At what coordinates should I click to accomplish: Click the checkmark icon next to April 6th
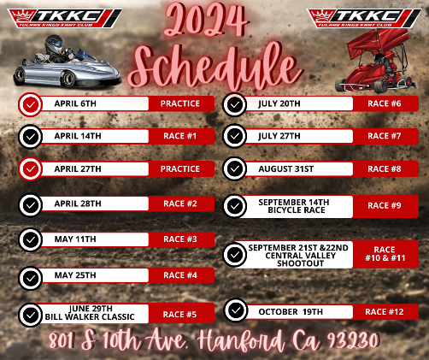[30, 104]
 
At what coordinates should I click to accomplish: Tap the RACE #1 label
[180, 136]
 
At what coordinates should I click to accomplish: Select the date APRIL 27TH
[78, 169]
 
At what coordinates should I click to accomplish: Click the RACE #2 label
[180, 204]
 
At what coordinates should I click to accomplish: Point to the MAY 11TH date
[75, 239]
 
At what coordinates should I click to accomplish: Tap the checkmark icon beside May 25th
[30, 278]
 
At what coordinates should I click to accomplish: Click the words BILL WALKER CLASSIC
[90, 317]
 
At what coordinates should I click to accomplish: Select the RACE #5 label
[179, 315]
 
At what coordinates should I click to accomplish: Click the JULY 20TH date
[279, 103]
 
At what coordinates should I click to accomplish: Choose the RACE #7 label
[385, 136]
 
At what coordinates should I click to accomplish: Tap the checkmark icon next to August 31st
[235, 168]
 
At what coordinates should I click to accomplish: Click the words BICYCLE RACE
[297, 210]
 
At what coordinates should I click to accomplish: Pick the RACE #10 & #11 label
[385, 254]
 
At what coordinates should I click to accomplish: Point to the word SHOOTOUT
[301, 263]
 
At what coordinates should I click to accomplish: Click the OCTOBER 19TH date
[291, 312]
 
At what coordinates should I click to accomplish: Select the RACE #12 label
[385, 312]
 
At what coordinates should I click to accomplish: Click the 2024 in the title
[206, 21]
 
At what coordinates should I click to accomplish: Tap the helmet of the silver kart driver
[54, 44]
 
